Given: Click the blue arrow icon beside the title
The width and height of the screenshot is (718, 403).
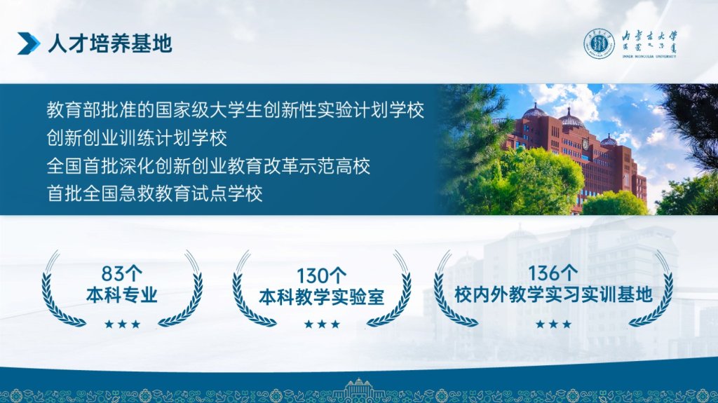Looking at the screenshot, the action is (x=28, y=44).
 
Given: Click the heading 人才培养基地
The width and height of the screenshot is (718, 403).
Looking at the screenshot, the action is (x=110, y=44).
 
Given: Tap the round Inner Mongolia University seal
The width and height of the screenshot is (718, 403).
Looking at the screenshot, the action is (x=599, y=44).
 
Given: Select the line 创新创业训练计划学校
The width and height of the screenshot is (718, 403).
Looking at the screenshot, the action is (x=137, y=138).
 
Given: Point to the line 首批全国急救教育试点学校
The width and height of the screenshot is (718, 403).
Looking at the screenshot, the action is (x=155, y=193).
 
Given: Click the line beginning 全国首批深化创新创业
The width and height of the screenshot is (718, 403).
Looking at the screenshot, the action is (x=208, y=166).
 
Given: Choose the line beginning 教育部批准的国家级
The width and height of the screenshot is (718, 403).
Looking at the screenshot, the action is (x=236, y=110).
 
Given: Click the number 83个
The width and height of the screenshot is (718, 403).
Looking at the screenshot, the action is (x=122, y=274).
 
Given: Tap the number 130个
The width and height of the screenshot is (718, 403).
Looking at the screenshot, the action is (x=321, y=276).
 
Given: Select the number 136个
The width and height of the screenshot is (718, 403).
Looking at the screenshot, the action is (x=553, y=273).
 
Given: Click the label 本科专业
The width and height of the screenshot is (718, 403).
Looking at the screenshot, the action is (x=122, y=295).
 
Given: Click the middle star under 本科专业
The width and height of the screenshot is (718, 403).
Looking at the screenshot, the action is (x=122, y=325).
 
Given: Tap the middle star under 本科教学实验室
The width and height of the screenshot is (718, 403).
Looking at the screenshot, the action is (x=322, y=325).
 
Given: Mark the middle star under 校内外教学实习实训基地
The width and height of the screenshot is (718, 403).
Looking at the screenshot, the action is (x=554, y=325).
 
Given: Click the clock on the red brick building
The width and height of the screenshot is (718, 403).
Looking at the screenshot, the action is (x=585, y=144).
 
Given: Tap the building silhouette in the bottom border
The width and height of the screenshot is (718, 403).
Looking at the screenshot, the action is (x=358, y=390).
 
